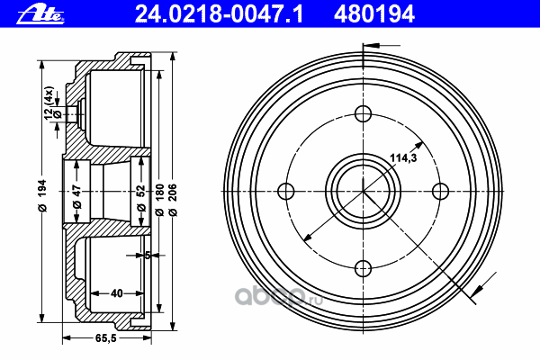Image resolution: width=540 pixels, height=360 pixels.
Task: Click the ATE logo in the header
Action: click(x=40, y=14)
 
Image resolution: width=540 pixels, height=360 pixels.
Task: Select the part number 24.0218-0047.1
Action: click(x=219, y=14)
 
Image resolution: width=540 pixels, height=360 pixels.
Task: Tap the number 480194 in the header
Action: click(x=374, y=14)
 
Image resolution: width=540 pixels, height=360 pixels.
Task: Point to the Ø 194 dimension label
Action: click(x=41, y=195)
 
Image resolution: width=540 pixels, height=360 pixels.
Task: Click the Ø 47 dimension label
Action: click(x=77, y=197)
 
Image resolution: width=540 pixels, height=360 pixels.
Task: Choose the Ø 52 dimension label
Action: click(x=141, y=198)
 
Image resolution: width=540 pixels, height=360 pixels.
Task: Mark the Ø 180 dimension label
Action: click(x=159, y=200)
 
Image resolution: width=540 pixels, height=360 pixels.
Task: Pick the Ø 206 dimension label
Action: click(x=173, y=200)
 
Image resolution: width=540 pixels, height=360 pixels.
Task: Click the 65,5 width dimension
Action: click(x=105, y=338)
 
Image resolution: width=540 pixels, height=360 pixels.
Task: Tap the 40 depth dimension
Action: click(x=116, y=293)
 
